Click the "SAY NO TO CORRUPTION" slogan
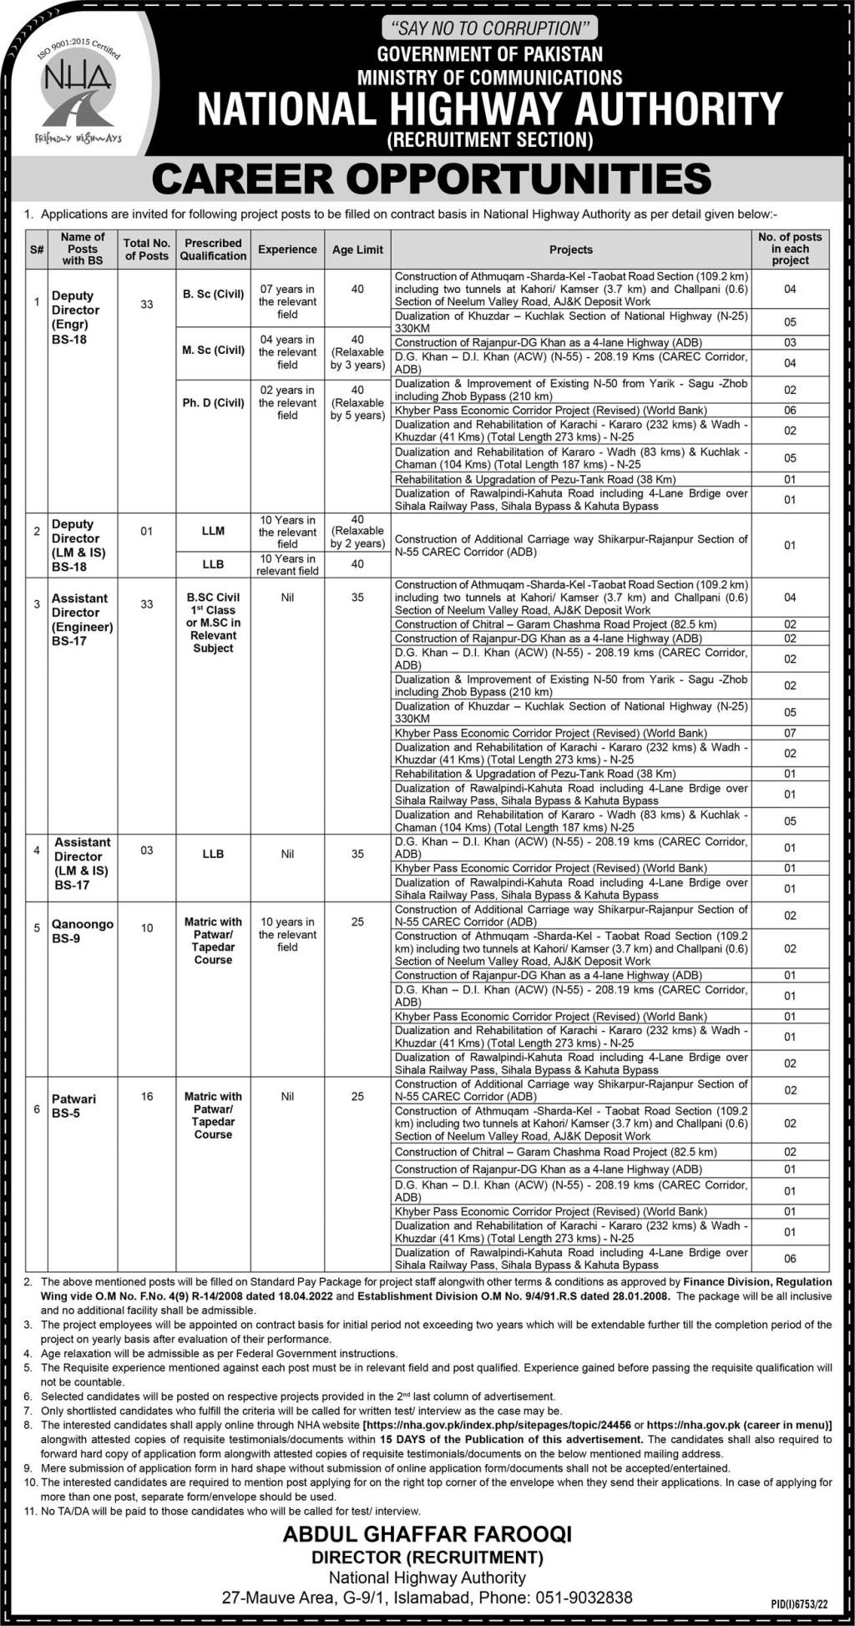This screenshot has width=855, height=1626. coord(489,28)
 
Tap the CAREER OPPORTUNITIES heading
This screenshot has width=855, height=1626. coord(432,179)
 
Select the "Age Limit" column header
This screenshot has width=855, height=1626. coord(357,250)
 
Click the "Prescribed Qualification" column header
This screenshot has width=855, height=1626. coord(213,250)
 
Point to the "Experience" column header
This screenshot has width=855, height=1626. coord(287,250)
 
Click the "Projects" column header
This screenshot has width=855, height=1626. coord(571,250)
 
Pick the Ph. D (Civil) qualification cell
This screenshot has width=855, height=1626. coord(213,402)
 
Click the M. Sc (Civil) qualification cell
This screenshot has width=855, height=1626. coord(213,351)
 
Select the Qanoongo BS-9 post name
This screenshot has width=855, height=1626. coord(82,932)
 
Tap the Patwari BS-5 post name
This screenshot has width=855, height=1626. coord(73,1106)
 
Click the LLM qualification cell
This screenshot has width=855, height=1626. coord(213,531)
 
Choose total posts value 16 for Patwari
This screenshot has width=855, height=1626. coord(147,1096)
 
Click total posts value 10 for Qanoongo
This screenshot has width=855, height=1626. coord(147,928)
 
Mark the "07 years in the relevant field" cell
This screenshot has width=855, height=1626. coord(287,301)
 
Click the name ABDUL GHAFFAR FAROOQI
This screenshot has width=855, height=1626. coord(427,1534)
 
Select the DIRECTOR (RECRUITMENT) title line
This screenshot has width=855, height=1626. coord(427,1558)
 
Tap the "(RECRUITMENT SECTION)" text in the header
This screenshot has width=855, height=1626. coord(490,139)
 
